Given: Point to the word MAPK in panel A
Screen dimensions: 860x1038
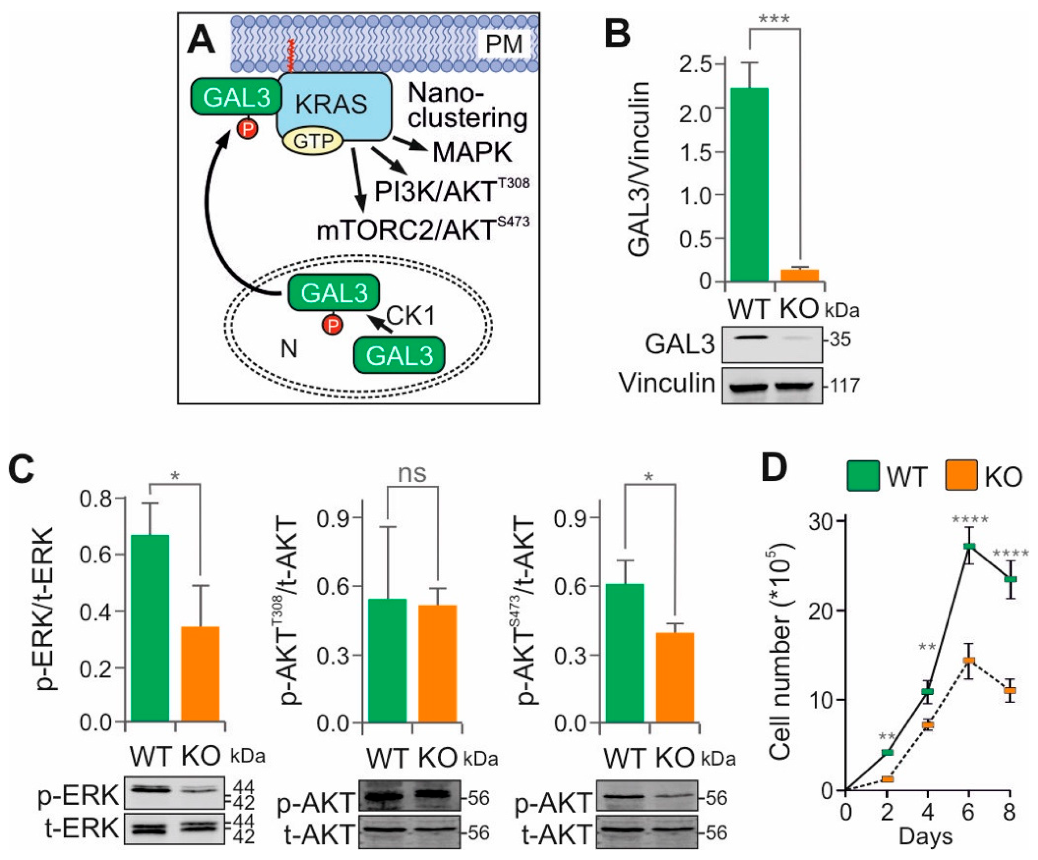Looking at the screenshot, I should [472, 153].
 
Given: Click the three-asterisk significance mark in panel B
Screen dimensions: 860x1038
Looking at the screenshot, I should [774, 20].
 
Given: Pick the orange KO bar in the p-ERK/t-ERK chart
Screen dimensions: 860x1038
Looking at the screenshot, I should [200, 674].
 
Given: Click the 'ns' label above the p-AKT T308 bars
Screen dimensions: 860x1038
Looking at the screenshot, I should [412, 474].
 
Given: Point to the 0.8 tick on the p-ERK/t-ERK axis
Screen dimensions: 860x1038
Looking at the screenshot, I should [99, 498].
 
